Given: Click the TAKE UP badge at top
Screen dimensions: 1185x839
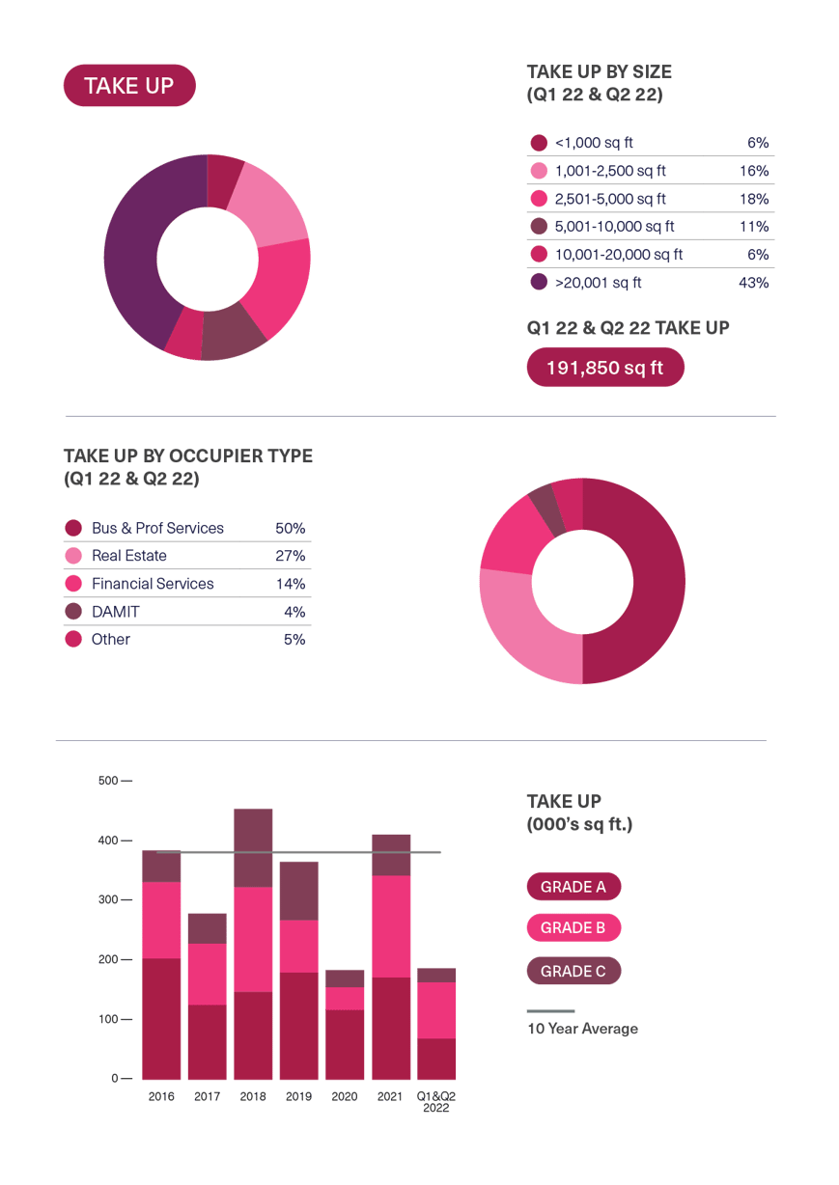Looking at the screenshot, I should click(129, 86).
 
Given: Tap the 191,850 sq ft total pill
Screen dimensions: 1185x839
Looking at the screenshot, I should click(604, 368).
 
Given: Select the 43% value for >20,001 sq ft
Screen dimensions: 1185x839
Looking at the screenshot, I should click(752, 283).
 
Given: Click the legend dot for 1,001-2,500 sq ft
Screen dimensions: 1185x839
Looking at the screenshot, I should click(539, 171).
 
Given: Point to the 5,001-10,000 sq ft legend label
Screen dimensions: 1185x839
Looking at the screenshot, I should click(615, 227).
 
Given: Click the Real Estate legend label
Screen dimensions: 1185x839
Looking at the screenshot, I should click(129, 556).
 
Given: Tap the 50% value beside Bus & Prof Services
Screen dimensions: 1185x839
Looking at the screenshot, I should click(290, 529).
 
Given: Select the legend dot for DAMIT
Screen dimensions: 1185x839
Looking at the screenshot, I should click(73, 612).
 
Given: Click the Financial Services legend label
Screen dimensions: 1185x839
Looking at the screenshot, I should click(153, 584).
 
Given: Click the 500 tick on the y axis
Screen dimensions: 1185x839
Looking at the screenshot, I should click(108, 780).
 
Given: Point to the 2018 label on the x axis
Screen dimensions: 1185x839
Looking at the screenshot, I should click(253, 1096).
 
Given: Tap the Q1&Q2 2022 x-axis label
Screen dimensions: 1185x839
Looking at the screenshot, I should click(435, 1102).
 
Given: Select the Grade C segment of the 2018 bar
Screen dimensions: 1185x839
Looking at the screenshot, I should click(253, 847).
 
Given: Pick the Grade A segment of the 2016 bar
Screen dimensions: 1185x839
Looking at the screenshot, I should click(161, 1018).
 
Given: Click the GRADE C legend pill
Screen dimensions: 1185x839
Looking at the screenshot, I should click(573, 971).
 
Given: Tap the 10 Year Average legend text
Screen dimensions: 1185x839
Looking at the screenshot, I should click(582, 1029).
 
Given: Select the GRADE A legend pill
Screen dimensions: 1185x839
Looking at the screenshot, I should click(573, 886).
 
